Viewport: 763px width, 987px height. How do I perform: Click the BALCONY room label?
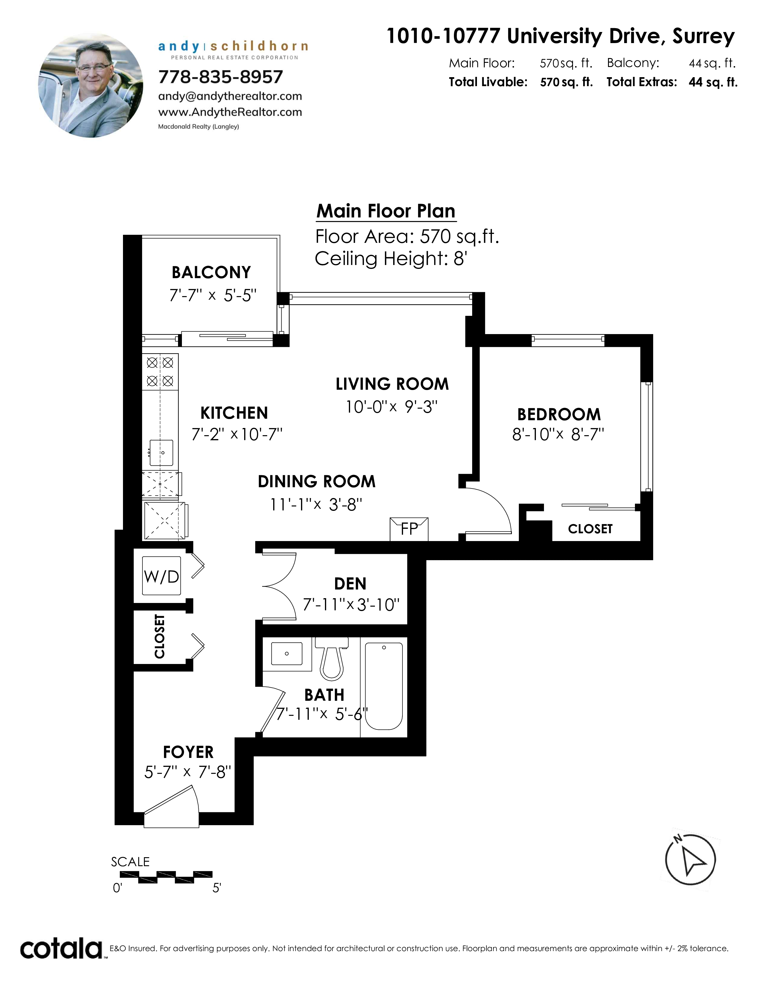(x=211, y=272)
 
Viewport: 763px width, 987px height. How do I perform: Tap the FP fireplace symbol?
(x=409, y=529)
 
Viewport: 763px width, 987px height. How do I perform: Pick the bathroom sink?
(x=287, y=654)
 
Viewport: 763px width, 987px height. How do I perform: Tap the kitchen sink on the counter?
(x=161, y=452)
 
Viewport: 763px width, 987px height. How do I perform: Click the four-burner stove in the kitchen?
(x=160, y=371)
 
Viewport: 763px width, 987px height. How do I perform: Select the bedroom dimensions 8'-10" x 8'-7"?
(x=558, y=434)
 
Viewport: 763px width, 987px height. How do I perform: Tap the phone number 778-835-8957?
(x=221, y=77)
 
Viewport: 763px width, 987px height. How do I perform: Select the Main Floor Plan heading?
(x=386, y=211)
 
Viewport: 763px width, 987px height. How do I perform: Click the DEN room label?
(x=350, y=584)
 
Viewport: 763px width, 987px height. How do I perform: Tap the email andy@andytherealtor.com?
(x=230, y=96)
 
